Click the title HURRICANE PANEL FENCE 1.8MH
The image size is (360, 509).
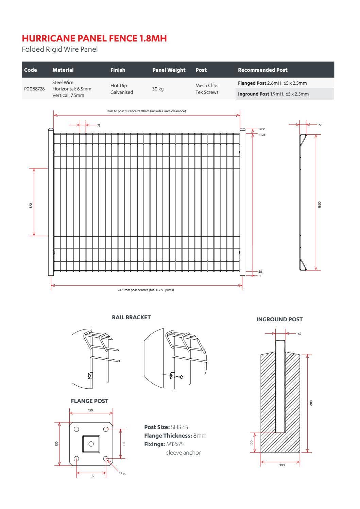tap(94, 38)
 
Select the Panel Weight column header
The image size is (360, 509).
tap(169, 70)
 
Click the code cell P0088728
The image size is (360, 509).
tap(34, 89)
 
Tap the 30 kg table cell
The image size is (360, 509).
tap(158, 89)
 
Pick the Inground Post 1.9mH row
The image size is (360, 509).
tap(273, 94)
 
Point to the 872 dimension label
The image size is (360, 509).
tap(31, 205)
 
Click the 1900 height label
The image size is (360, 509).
tap(261, 129)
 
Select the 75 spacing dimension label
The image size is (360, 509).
tap(99, 125)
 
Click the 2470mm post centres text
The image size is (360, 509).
tap(146, 290)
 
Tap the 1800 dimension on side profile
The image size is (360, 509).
tap(319, 205)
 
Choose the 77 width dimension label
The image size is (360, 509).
tap(320, 125)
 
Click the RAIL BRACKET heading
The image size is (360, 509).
tap(131, 317)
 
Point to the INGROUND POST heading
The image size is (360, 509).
tap(279, 319)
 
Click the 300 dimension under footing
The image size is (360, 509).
tap(282, 465)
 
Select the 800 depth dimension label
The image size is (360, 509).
tap(311, 403)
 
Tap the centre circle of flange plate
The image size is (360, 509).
tap(91, 444)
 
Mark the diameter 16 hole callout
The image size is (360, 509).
tap(122, 474)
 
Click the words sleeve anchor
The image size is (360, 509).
tap(184, 453)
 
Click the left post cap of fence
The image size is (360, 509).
tap(51, 130)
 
